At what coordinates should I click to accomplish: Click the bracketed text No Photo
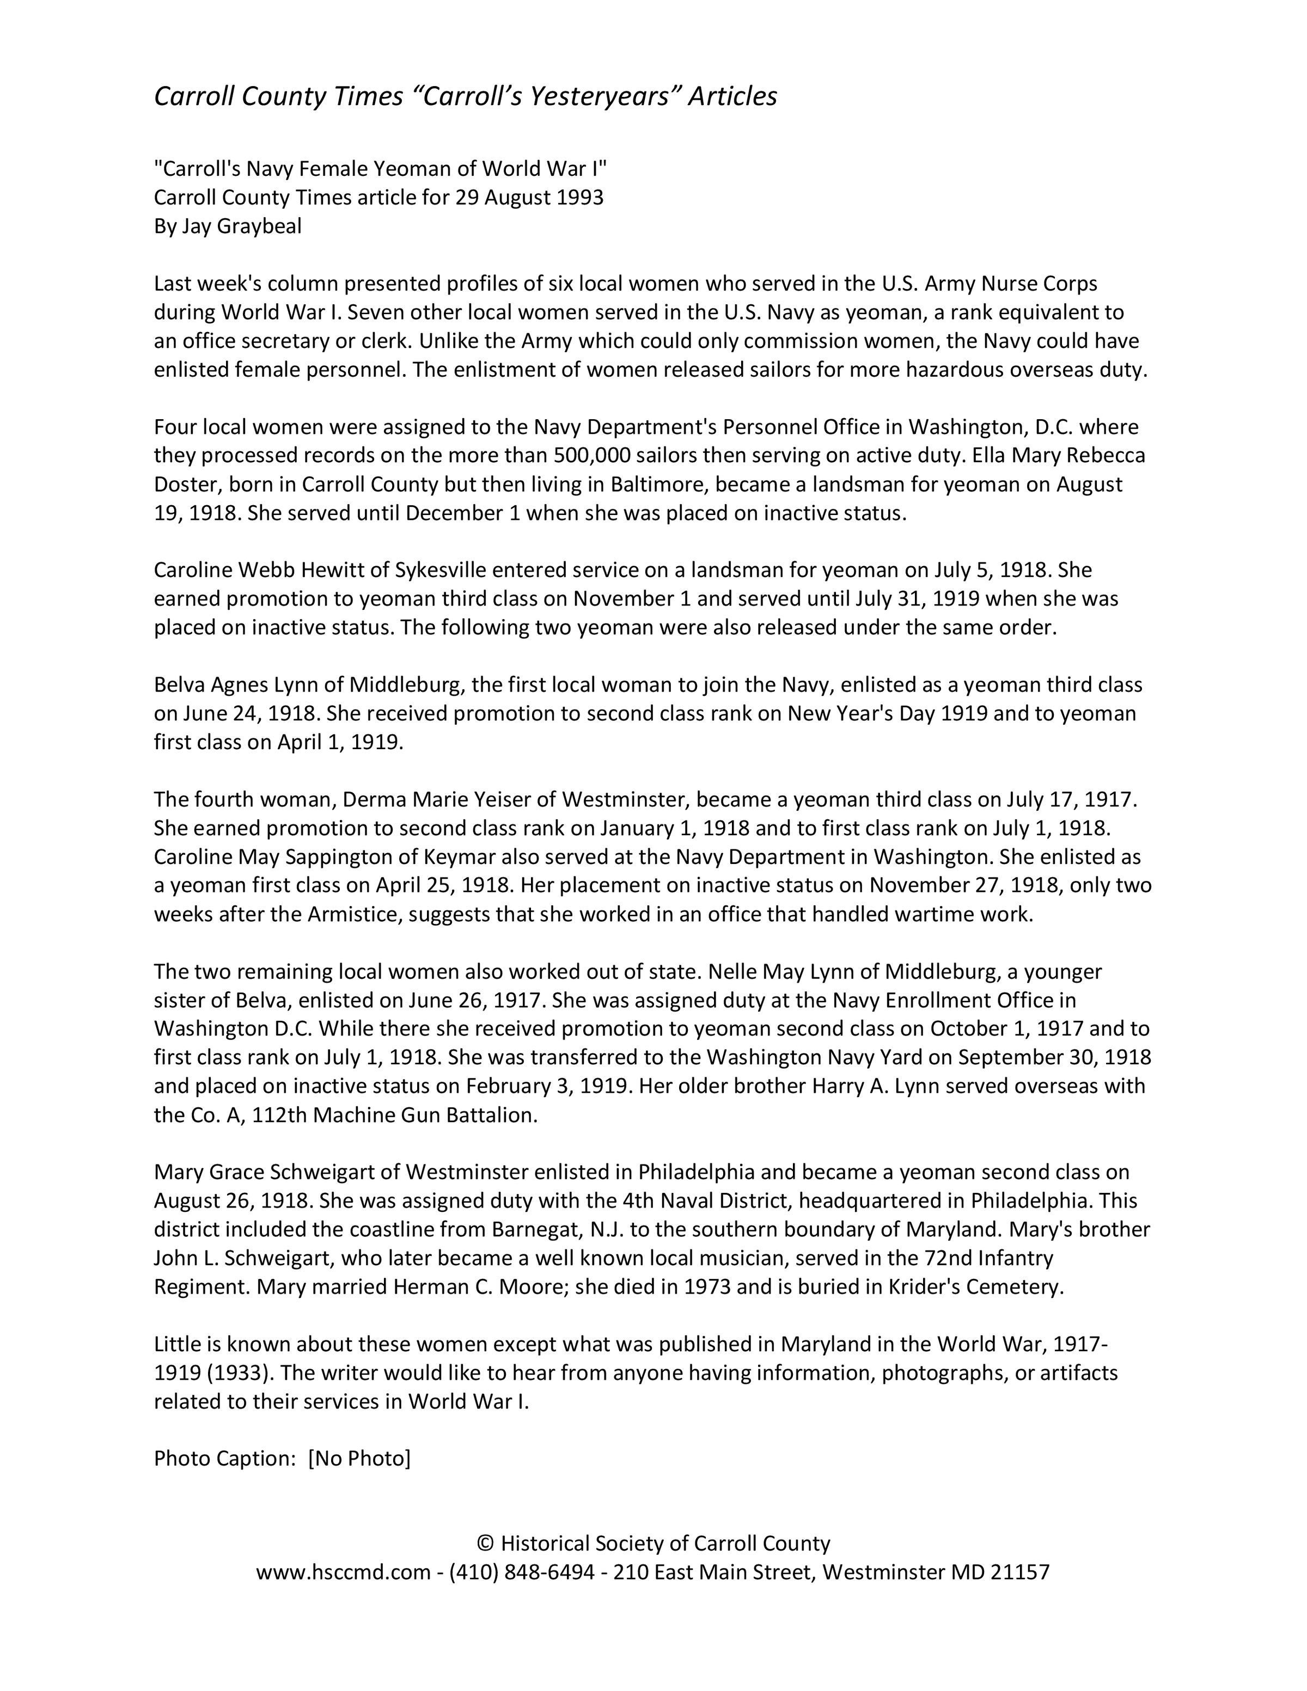coord(359,1459)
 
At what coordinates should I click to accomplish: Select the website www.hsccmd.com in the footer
coord(343,1572)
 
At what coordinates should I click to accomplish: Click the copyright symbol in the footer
coord(485,1543)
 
